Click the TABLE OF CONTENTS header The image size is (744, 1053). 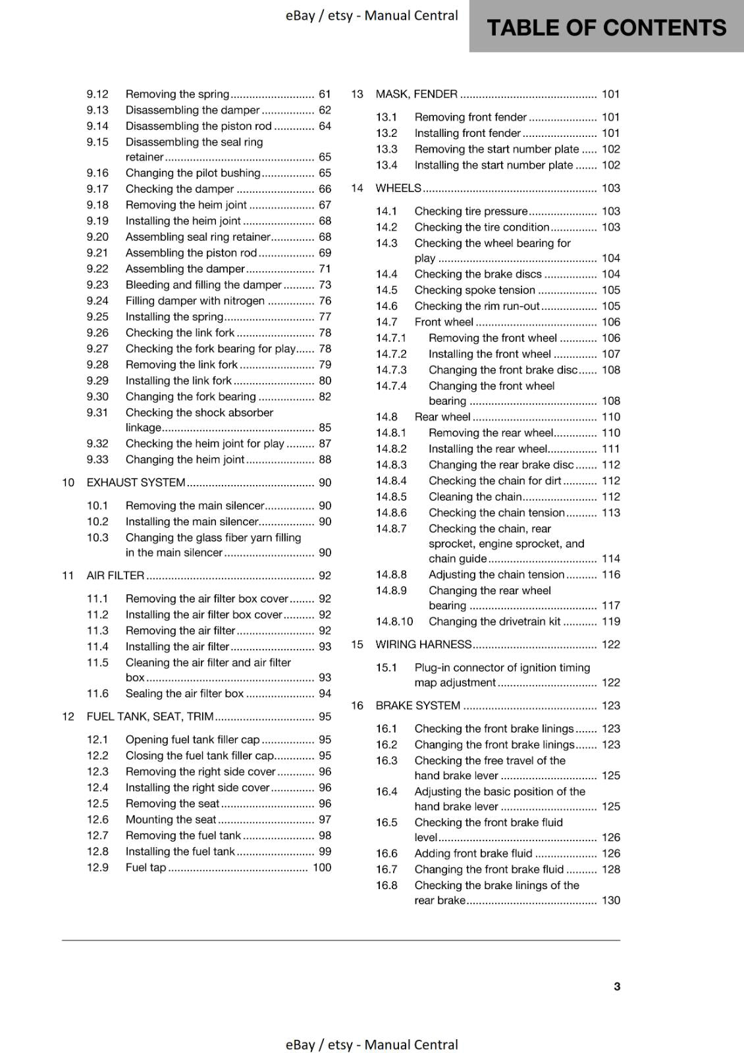pos(606,28)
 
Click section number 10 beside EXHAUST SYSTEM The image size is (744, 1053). pos(68,482)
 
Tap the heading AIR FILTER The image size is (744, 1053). pos(115,575)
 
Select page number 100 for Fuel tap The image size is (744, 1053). pos(322,867)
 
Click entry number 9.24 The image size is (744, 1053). pos(97,301)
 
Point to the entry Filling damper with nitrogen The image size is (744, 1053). pos(195,301)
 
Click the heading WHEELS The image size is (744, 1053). pos(398,188)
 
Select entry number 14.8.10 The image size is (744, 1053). pos(394,621)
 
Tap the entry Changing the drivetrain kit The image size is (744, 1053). pos(494,621)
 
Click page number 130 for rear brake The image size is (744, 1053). pos(611,900)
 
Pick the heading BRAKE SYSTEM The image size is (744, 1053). pos(417,706)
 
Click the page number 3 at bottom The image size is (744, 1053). pos(617,987)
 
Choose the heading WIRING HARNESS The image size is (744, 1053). pos(423,644)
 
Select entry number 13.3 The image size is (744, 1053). pos(386,149)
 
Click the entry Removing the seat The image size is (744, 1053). pos(173,804)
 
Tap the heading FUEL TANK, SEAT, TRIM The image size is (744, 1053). pos(150,717)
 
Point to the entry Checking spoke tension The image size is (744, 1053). pos(475,290)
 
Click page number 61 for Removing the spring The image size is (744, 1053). pos(325,94)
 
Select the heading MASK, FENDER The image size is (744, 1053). pos(416,94)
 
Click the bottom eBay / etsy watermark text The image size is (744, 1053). pos(371,1044)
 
